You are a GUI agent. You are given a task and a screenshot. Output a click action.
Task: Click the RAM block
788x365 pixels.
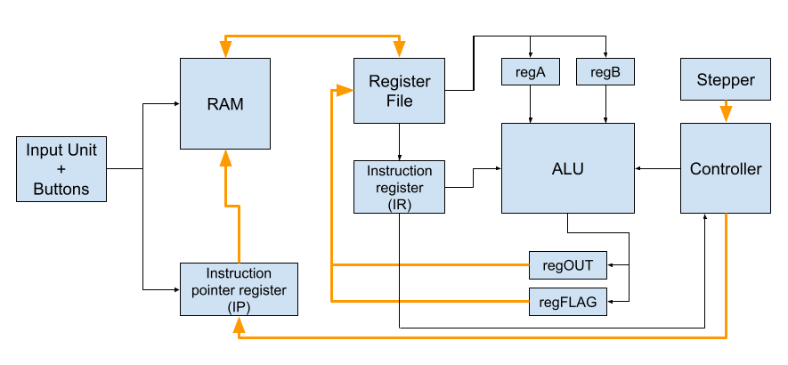click(x=225, y=103)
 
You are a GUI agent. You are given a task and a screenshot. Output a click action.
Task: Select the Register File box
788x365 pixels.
click(x=399, y=91)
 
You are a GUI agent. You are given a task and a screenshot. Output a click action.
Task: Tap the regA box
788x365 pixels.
click(x=531, y=72)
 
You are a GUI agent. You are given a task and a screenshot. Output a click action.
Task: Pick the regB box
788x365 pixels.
click(x=605, y=72)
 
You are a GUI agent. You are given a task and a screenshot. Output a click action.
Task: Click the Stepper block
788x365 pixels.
click(x=725, y=79)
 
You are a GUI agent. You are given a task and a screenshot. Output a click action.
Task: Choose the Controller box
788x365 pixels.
click(x=725, y=168)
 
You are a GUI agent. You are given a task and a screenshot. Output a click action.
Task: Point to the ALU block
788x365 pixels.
click(x=568, y=168)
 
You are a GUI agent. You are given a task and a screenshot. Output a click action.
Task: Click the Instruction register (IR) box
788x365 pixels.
click(x=399, y=187)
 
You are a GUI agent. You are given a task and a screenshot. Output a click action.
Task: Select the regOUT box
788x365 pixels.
click(x=568, y=265)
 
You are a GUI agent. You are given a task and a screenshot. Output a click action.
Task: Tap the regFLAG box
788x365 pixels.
click(x=568, y=302)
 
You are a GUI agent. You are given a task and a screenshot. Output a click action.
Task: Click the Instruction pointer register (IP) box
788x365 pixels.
click(x=239, y=289)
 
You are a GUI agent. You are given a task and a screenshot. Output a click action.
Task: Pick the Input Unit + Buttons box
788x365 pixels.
click(x=61, y=169)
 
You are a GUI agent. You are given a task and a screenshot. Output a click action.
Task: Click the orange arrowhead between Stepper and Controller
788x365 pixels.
click(x=725, y=114)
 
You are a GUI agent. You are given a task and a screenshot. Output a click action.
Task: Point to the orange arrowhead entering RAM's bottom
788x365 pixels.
click(x=225, y=158)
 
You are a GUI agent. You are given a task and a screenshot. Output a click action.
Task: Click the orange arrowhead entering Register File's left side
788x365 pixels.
click(x=345, y=91)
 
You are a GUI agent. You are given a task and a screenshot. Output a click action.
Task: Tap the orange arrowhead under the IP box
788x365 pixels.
click(x=239, y=325)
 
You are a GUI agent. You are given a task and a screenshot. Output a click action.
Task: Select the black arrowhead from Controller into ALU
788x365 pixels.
click(x=638, y=168)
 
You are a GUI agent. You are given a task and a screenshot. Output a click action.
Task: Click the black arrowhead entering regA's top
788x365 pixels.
click(x=531, y=55)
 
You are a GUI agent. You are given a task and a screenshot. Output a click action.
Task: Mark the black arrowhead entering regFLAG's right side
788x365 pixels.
click(x=611, y=302)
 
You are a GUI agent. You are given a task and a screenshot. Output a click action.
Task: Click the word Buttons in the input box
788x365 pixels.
click(x=61, y=189)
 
